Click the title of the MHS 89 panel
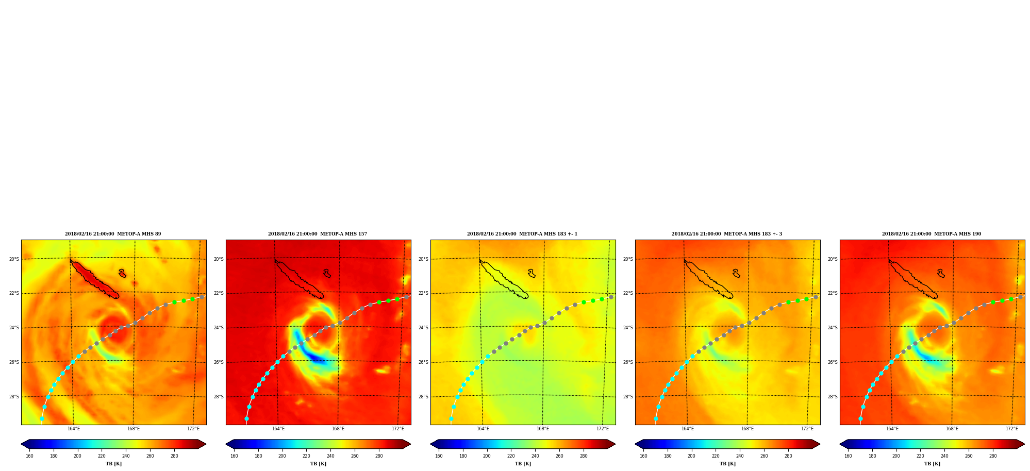click(x=113, y=234)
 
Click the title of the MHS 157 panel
click(x=318, y=234)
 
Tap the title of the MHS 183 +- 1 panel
click(x=522, y=234)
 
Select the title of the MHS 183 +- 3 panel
click(x=727, y=234)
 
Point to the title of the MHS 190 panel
click(x=932, y=234)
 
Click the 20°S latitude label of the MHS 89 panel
click(x=14, y=259)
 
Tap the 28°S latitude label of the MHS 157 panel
click(x=219, y=397)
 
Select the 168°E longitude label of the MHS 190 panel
click(x=952, y=429)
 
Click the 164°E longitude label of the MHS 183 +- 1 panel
click(x=483, y=429)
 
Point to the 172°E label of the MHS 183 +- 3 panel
click(x=807, y=429)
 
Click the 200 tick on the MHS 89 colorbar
click(x=77, y=456)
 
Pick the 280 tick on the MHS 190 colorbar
click(x=993, y=456)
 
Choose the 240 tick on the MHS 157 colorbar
click(x=330, y=456)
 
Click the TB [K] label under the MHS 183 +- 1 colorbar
click(x=523, y=464)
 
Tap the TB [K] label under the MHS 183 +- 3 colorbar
click(x=727, y=464)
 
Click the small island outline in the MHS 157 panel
click(x=327, y=274)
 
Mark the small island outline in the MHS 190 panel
click(x=941, y=274)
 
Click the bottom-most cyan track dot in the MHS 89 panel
click(x=42, y=419)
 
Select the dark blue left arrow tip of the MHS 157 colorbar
click(x=227, y=444)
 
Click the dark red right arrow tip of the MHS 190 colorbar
click(x=1023, y=444)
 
